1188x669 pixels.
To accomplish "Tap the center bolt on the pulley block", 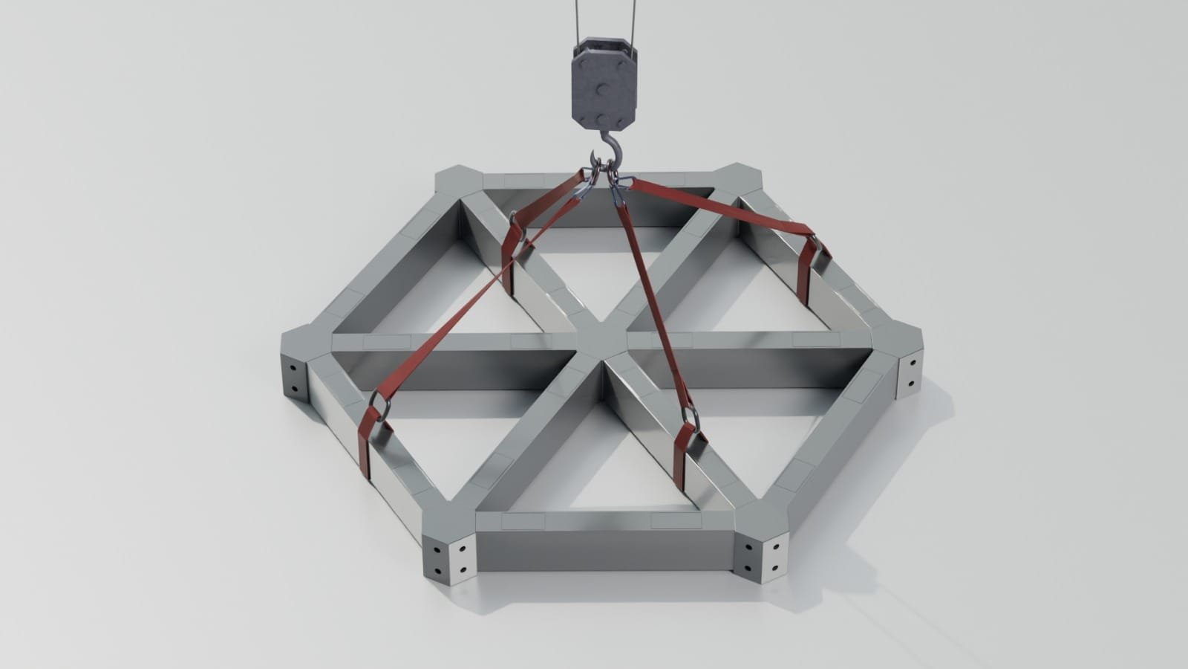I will tap(603, 88).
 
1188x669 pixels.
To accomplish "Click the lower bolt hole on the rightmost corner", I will tap(911, 384).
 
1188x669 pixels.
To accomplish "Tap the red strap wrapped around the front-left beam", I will tap(366, 446).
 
